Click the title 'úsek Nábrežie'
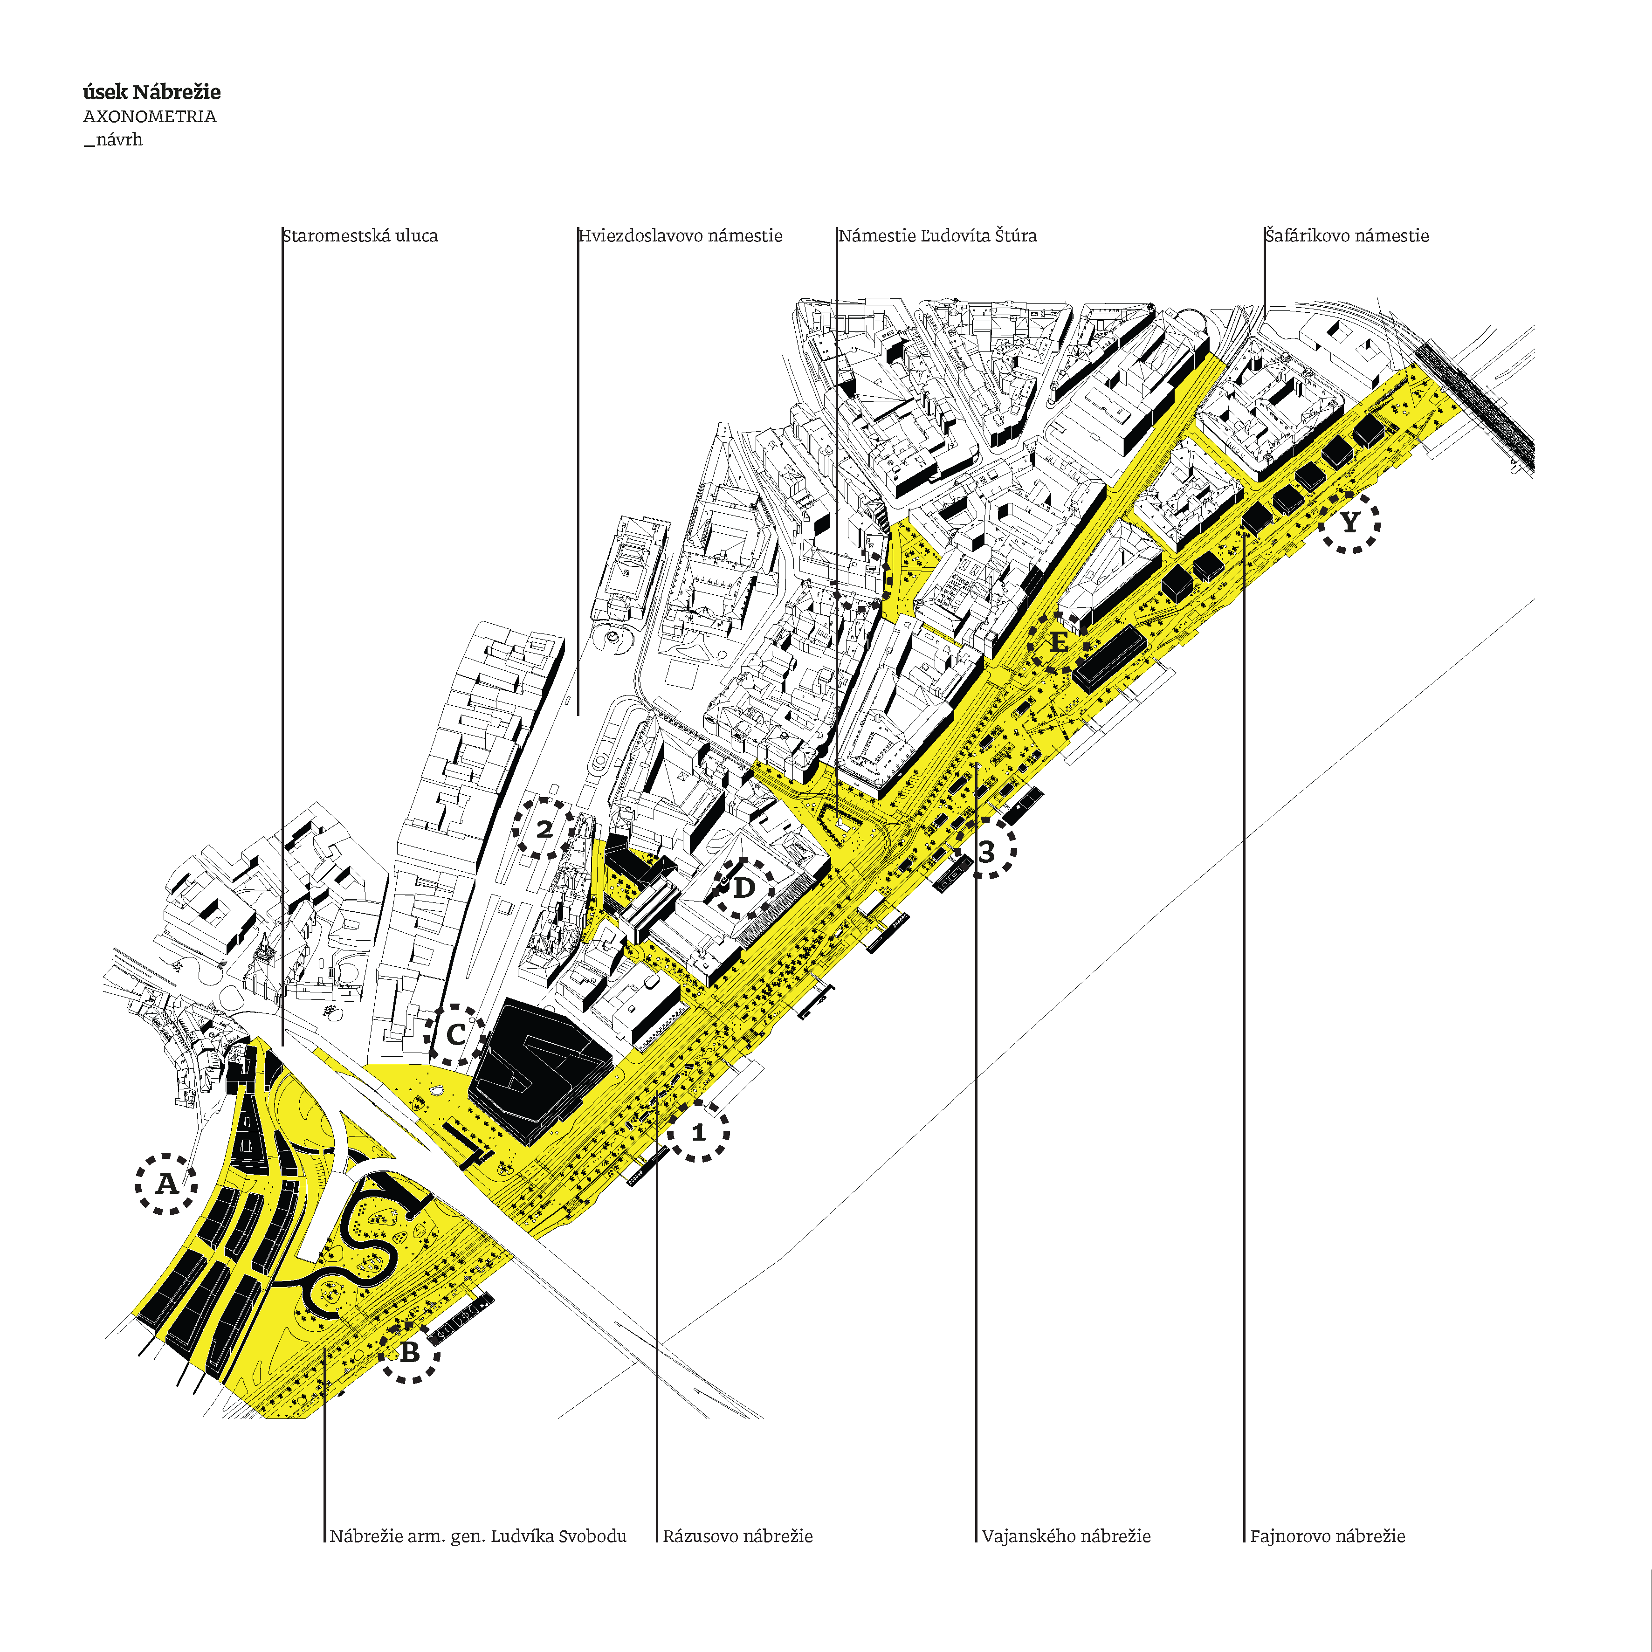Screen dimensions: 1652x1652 point(151,92)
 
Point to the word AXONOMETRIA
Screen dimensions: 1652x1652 point(150,116)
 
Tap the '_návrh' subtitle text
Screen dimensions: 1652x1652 point(113,139)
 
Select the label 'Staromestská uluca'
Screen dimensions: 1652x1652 point(360,236)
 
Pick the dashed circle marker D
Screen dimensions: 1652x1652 point(743,888)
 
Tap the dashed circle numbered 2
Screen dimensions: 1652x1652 point(544,828)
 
